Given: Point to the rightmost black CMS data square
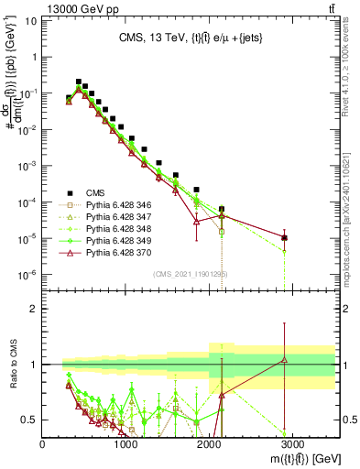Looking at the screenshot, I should click(285, 238).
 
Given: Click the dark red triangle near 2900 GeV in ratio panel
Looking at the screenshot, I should click(285, 359).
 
